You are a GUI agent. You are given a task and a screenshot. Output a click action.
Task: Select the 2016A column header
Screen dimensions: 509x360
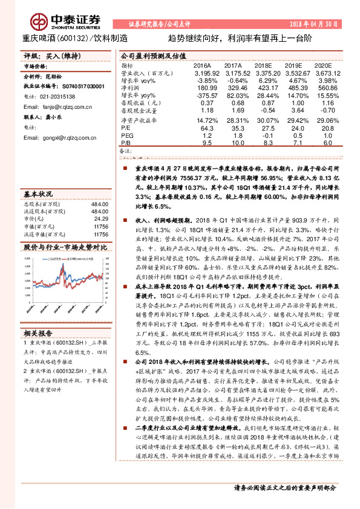(x=202, y=65)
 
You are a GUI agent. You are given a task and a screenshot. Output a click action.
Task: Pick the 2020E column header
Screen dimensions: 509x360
(x=324, y=65)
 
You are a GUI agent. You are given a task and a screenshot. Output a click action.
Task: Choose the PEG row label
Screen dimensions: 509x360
(x=126, y=135)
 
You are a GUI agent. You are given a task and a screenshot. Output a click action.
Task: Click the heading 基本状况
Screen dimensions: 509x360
(x=38, y=195)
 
